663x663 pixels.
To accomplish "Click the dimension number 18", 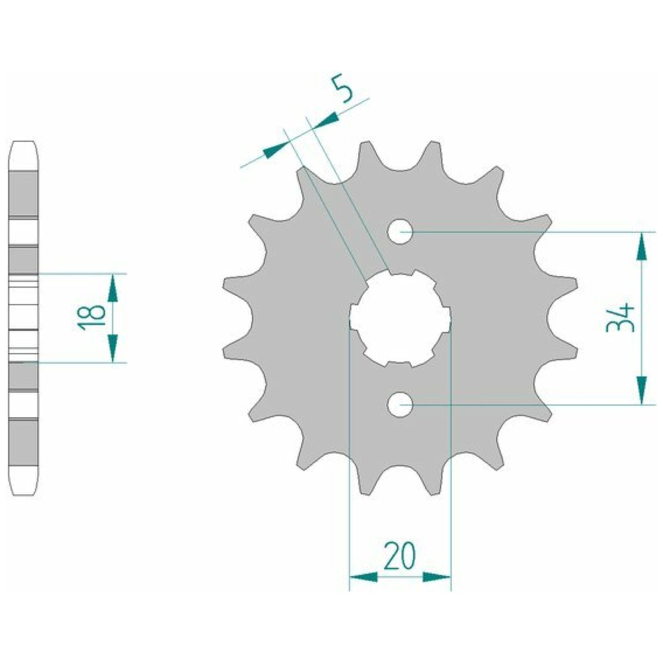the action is [92, 317].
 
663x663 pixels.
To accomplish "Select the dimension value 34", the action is [620, 317].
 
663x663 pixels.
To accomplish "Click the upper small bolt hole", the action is [400, 231].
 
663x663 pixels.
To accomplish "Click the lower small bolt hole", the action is [400, 404].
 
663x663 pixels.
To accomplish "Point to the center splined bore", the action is [400, 318].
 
